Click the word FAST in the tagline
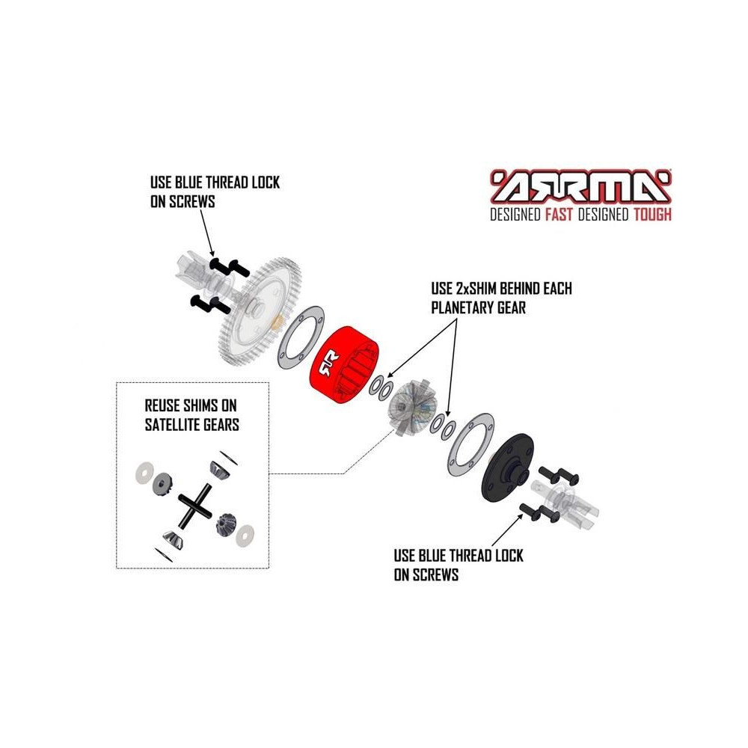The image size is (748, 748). point(559,215)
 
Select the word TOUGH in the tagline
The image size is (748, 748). point(652,215)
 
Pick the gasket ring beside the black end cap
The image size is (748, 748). point(470,444)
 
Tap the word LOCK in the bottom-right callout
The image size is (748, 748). point(509,556)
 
